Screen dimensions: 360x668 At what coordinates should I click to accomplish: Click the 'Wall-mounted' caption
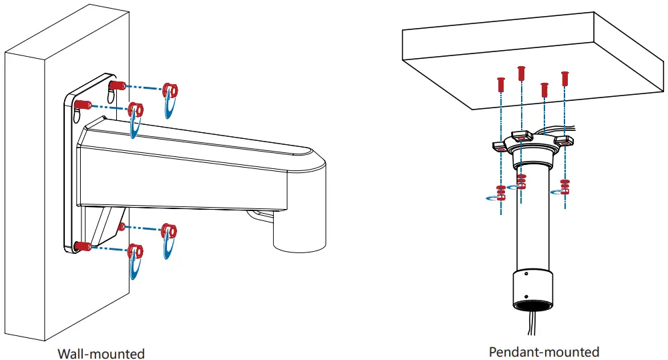(101, 353)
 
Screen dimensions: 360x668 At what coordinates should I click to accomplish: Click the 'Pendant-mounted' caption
(544, 351)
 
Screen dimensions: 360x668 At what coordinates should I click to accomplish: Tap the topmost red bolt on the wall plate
(118, 86)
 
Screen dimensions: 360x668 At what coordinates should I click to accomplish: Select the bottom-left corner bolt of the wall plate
(82, 246)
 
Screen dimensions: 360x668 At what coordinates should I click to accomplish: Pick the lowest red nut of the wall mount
(136, 250)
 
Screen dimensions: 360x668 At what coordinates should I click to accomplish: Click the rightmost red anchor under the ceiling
(565, 77)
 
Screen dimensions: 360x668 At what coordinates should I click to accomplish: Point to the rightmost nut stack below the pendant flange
(565, 185)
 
